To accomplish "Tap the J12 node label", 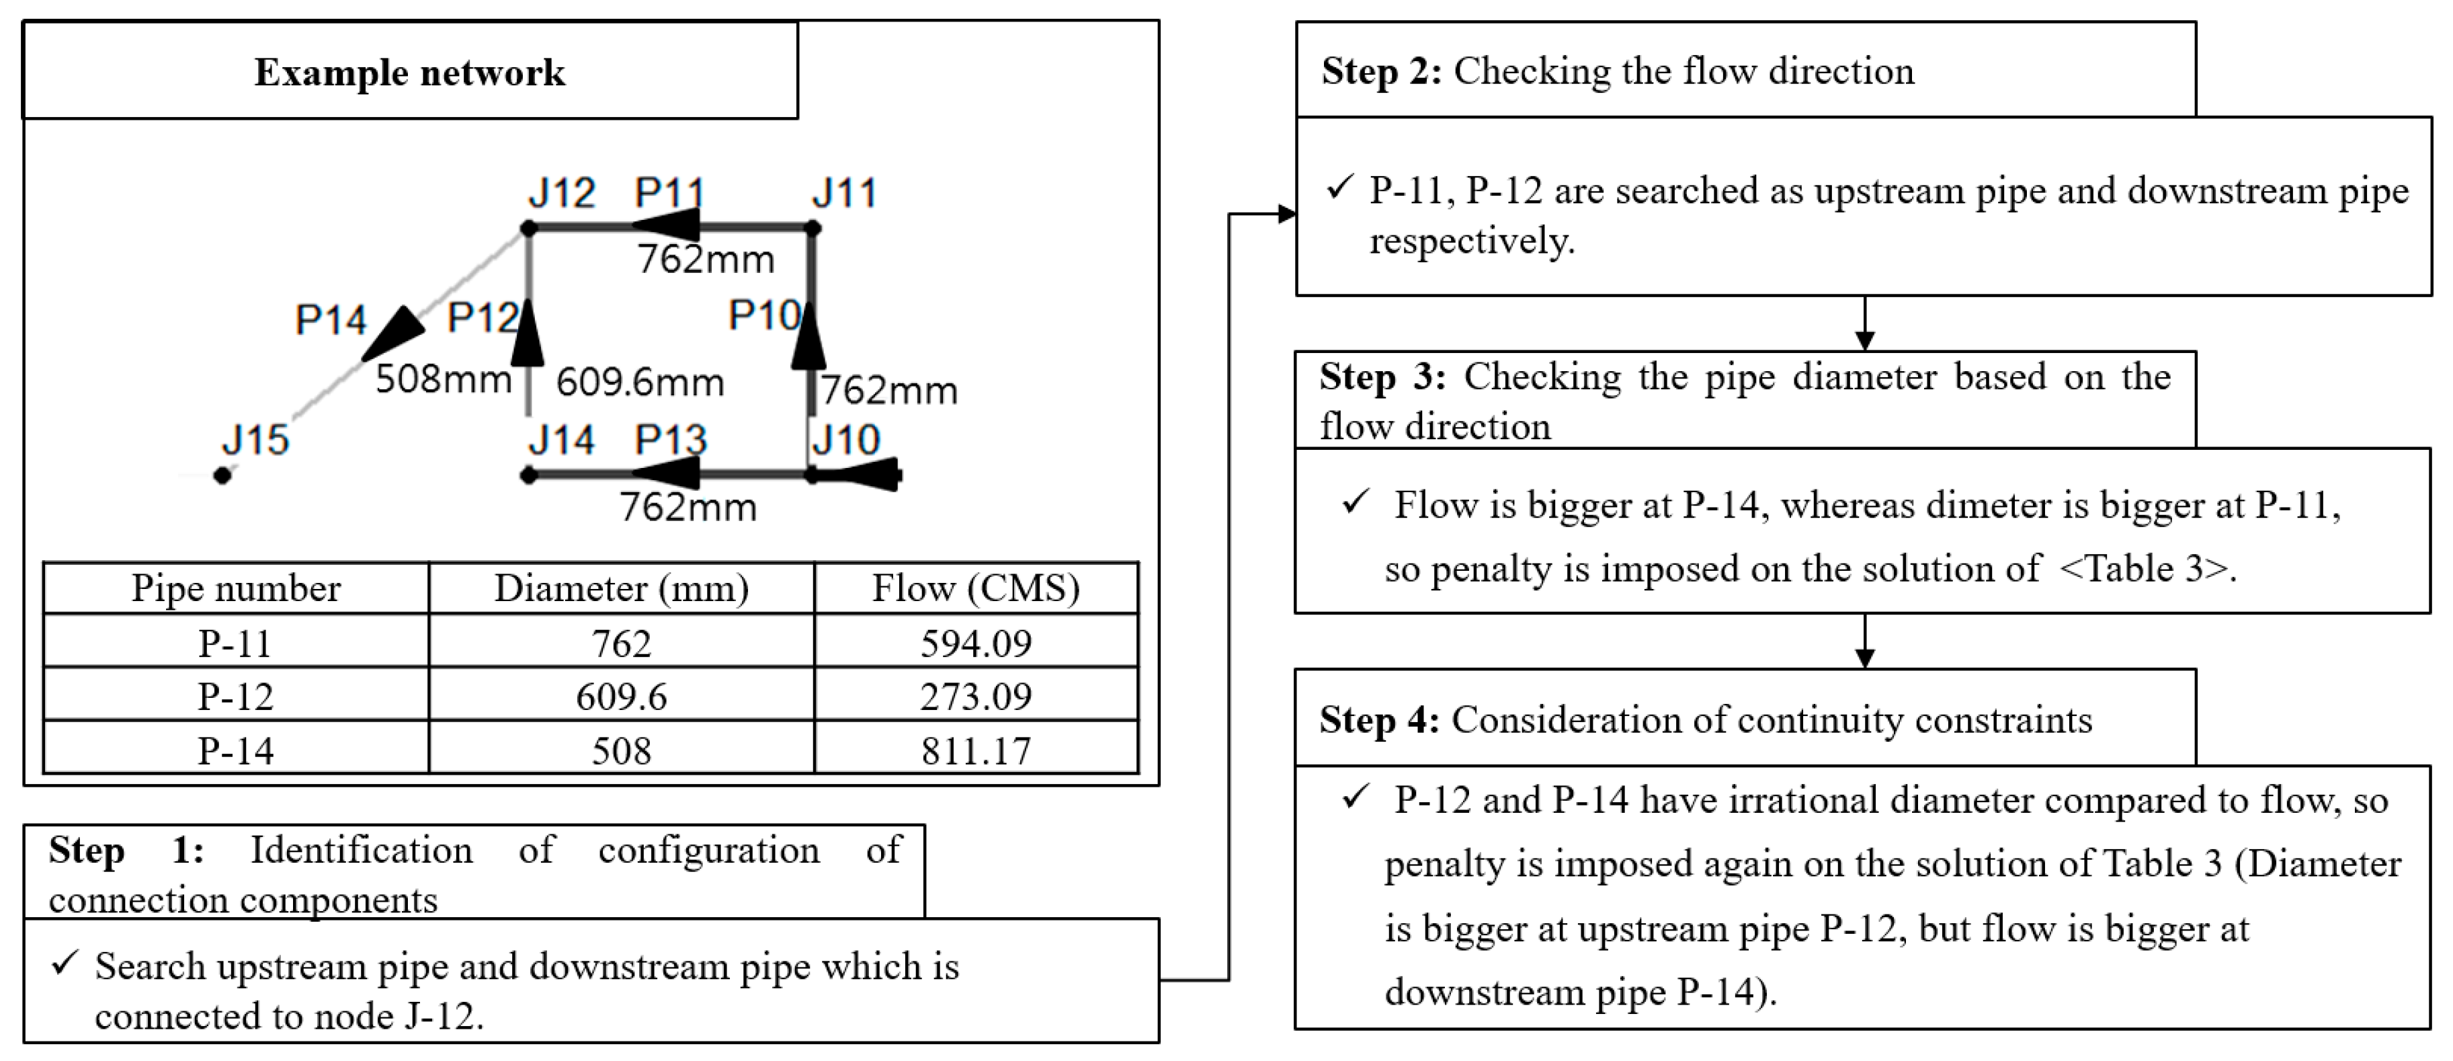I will (562, 194).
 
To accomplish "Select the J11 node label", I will (843, 194).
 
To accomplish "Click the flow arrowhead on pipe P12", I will (528, 333).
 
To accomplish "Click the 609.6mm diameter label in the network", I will (640, 383).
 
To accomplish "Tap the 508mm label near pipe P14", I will (444, 379).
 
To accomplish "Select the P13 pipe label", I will (671, 440).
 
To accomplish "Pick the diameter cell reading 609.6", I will (621, 696).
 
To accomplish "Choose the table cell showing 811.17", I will (976, 750).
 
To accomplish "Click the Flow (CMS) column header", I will (976, 588).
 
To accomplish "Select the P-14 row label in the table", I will (235, 750).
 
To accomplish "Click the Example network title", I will (409, 73).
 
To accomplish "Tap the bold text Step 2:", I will (1382, 71).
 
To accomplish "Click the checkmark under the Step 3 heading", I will (1355, 502).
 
